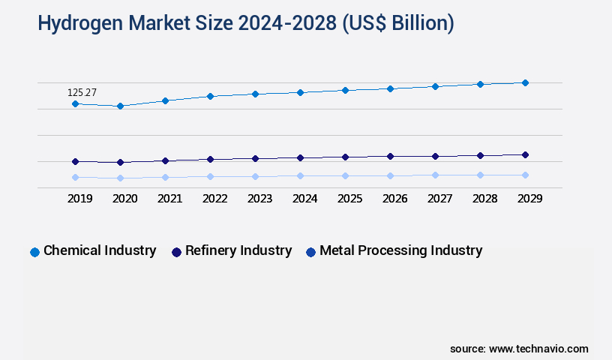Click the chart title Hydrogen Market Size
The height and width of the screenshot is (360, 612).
coord(245,23)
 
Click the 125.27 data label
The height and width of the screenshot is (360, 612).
coord(82,92)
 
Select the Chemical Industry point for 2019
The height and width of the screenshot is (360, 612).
coord(75,103)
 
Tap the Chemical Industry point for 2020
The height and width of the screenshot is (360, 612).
coord(120,106)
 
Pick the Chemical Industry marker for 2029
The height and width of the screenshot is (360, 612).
coord(525,82)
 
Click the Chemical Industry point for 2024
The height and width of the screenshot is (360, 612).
coord(300,92)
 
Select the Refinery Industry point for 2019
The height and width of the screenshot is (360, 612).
coord(75,161)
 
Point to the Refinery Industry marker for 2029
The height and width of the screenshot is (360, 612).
coord(525,154)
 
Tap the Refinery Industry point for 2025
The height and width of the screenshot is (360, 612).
coord(345,157)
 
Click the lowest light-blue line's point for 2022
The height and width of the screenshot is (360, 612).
coord(210,177)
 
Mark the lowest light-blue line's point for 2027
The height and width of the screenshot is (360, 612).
coord(435,175)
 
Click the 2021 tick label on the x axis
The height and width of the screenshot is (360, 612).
coord(169,199)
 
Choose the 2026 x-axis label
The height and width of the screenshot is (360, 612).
coord(394,199)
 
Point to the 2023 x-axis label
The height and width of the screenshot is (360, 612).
coord(259,199)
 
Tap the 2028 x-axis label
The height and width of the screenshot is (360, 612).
coord(484,199)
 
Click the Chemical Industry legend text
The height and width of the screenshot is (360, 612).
coord(100,250)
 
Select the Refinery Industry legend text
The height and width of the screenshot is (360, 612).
coord(238,250)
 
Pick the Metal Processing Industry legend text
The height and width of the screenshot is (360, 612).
coord(400,250)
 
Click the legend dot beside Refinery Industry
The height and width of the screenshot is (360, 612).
coord(176,252)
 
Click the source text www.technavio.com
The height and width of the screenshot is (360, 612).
coord(519,349)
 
